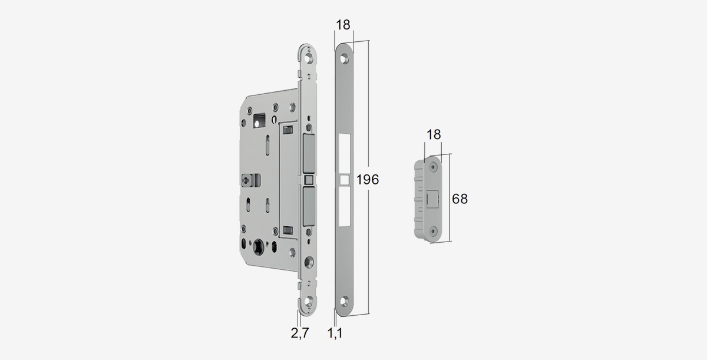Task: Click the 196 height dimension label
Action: point(368,180)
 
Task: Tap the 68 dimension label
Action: point(460,199)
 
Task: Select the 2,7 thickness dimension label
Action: point(299,333)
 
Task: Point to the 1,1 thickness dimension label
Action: point(335,333)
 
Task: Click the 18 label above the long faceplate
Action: point(343,25)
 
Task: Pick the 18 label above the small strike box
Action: point(434,135)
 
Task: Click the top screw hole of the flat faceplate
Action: point(344,60)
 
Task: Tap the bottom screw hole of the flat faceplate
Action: point(344,300)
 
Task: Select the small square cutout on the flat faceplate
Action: point(345,180)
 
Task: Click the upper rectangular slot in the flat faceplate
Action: point(345,153)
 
